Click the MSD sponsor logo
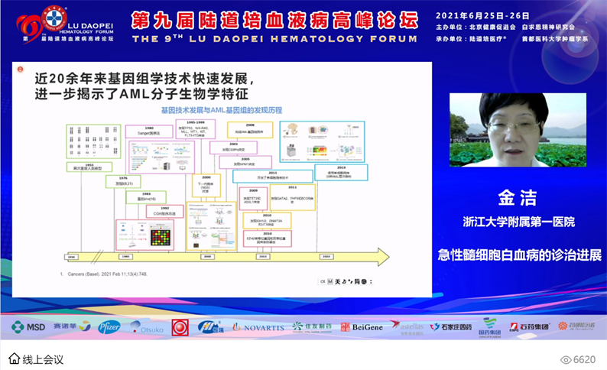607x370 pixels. (x=28, y=326)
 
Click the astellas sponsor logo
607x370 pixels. (x=405, y=326)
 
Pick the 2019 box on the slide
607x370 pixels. (x=341, y=171)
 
